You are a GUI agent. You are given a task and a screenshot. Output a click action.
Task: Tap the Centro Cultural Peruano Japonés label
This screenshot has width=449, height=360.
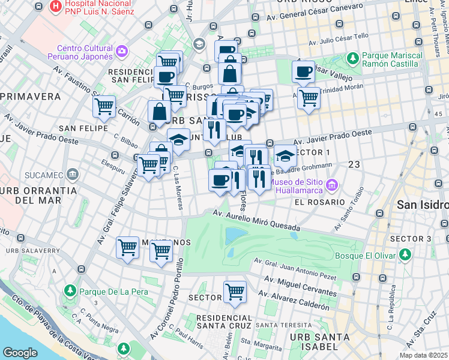[x=85, y=52]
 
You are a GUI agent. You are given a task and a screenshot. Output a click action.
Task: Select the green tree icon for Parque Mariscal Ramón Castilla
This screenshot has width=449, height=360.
[x=353, y=58]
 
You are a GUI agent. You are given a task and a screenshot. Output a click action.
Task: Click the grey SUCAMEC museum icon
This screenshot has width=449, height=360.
[x=73, y=175]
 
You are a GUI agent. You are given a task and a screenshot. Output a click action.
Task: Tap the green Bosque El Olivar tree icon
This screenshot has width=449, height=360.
[x=405, y=256]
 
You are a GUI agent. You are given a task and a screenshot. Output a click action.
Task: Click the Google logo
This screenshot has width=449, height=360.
[x=20, y=353]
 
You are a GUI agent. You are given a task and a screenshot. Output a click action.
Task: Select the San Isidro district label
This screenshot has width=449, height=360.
[x=423, y=205]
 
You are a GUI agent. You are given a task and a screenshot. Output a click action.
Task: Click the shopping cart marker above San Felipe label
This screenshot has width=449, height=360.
[x=105, y=107]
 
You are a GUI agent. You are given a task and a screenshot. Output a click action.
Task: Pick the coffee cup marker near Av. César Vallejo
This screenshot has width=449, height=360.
[x=304, y=72]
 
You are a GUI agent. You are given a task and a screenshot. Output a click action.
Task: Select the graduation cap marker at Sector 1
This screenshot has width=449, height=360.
[x=285, y=156]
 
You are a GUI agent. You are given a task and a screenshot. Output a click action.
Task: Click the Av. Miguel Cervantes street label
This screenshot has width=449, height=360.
[x=298, y=287]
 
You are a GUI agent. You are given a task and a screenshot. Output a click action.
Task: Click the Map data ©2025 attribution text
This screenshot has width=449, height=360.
[x=423, y=355]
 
